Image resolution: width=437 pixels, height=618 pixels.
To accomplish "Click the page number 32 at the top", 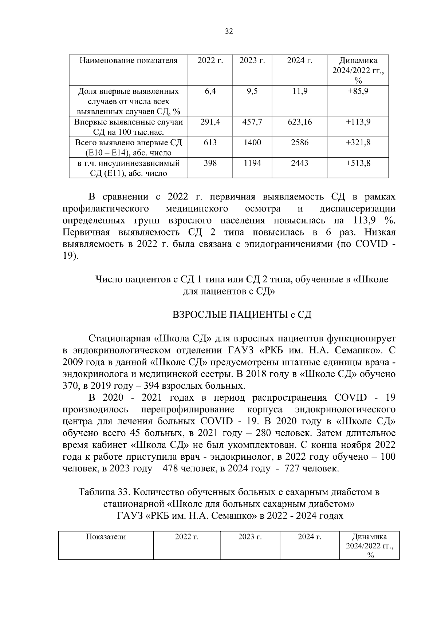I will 229,31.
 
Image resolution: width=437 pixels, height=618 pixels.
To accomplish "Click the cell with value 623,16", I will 300,122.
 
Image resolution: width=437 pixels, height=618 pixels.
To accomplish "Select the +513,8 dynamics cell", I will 358,163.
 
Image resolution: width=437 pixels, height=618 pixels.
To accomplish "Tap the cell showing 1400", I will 252,143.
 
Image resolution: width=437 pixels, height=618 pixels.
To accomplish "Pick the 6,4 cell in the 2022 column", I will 210,91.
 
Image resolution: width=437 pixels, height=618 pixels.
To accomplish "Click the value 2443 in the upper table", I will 300,163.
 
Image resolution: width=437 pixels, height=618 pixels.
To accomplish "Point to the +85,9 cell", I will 358,91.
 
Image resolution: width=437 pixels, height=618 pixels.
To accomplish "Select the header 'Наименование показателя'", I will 129,60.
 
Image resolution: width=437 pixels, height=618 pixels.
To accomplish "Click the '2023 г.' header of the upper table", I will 252,60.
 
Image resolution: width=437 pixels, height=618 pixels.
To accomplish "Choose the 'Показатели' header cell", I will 106,537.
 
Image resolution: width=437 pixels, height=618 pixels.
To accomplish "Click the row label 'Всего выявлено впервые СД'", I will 129,143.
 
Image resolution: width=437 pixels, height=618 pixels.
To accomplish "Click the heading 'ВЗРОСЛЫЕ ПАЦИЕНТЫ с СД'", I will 242,315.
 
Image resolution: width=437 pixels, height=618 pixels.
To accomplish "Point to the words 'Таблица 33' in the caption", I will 103,492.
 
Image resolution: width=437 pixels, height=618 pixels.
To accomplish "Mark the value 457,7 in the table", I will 252,122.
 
